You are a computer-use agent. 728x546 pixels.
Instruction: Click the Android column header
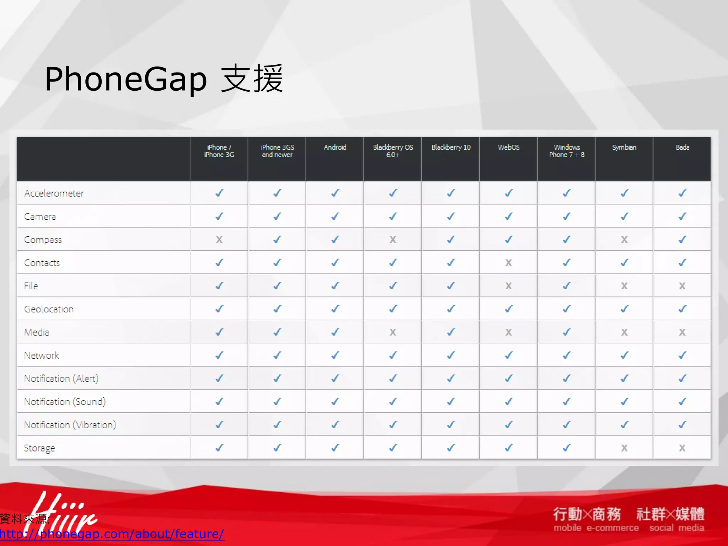point(335,147)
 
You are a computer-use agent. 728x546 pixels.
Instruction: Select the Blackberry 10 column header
point(451,147)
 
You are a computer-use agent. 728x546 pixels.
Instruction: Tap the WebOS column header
point(509,147)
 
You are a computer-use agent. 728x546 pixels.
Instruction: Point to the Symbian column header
point(624,147)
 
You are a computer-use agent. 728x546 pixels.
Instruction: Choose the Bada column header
point(682,147)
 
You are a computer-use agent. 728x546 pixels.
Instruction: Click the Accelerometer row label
point(54,193)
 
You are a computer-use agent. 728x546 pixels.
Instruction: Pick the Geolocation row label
point(49,309)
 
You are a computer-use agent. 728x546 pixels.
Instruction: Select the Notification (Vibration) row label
point(70,425)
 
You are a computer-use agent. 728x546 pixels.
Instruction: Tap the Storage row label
point(39,448)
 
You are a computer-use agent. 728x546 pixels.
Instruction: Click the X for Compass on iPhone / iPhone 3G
point(219,240)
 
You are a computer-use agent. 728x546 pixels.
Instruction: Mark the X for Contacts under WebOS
point(509,263)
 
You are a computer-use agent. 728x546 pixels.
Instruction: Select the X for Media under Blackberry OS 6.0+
point(393,332)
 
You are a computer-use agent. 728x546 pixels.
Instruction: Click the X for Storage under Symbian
point(624,448)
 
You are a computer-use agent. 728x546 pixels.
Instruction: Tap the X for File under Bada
point(682,286)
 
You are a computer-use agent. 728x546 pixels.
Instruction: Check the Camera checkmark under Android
point(335,216)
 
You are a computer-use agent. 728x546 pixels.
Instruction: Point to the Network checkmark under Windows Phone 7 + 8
point(567,355)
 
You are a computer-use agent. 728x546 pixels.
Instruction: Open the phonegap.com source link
point(112,534)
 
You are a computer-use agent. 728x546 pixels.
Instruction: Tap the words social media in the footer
point(676,528)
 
